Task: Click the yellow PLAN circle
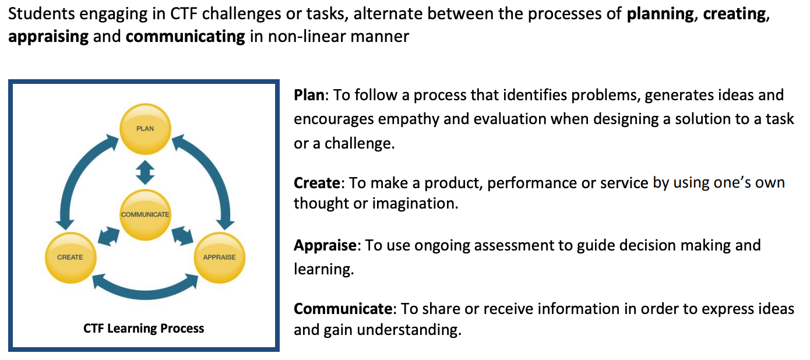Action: (145, 129)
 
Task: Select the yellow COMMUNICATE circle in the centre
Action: (145, 215)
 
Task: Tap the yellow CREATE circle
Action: (71, 257)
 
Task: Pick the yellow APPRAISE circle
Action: (220, 257)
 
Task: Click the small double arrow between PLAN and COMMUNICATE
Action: (145, 172)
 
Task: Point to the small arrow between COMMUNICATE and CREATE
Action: (108, 237)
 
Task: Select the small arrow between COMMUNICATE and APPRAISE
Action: (182, 236)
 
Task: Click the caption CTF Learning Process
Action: (143, 328)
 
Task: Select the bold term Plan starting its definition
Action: (309, 95)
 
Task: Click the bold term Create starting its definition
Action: (317, 183)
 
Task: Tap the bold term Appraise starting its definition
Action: (325, 246)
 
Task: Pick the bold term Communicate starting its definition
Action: (343, 309)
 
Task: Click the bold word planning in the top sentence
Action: (660, 15)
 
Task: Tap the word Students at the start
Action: (41, 14)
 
